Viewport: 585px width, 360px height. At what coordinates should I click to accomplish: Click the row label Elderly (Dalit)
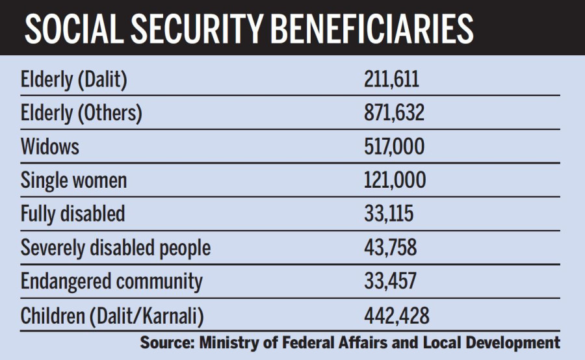73,79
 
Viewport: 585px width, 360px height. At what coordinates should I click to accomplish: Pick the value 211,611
391,79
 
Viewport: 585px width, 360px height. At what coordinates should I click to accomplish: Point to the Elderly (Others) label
81,113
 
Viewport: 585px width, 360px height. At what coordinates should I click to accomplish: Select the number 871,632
394,113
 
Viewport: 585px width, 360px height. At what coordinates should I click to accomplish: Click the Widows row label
50,146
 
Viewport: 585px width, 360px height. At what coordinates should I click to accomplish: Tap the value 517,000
394,146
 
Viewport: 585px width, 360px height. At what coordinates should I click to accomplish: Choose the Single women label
73,180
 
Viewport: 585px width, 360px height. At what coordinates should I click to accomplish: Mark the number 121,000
394,180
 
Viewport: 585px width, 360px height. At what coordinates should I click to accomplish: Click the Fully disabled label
72,214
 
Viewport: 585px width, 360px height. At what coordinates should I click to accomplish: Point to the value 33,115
388,214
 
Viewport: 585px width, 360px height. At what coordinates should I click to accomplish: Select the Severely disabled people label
116,248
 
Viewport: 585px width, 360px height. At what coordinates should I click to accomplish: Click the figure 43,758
390,248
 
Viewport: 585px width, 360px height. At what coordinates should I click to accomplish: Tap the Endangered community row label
112,281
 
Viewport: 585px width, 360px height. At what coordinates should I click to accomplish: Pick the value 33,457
390,281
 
